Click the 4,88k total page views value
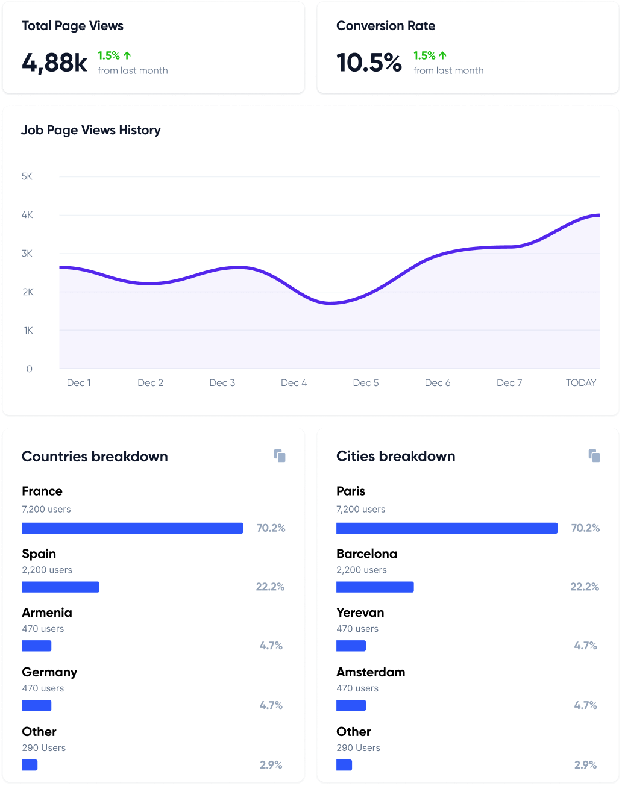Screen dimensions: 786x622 (55, 63)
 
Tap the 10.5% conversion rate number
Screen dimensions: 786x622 (369, 63)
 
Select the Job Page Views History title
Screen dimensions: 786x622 (91, 130)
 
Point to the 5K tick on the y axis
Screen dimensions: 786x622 (27, 176)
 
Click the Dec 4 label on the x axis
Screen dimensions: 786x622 (294, 383)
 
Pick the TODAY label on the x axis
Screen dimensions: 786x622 (581, 383)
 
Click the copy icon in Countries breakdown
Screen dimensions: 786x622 (280, 456)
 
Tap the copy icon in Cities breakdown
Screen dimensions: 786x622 (594, 456)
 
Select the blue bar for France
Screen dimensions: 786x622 (132, 528)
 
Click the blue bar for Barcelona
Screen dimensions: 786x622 (375, 587)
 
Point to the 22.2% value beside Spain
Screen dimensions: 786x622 (270, 587)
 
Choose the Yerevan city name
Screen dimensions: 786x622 (360, 613)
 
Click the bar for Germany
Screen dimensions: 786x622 (37, 705)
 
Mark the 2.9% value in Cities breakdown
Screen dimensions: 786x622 (585, 765)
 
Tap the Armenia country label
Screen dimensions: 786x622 (47, 613)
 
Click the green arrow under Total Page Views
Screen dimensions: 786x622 (127, 55)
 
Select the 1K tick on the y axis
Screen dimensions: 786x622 (28, 331)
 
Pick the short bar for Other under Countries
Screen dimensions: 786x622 (30, 765)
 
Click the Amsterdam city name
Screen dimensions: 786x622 (371, 672)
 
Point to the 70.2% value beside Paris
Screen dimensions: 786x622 (585, 528)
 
